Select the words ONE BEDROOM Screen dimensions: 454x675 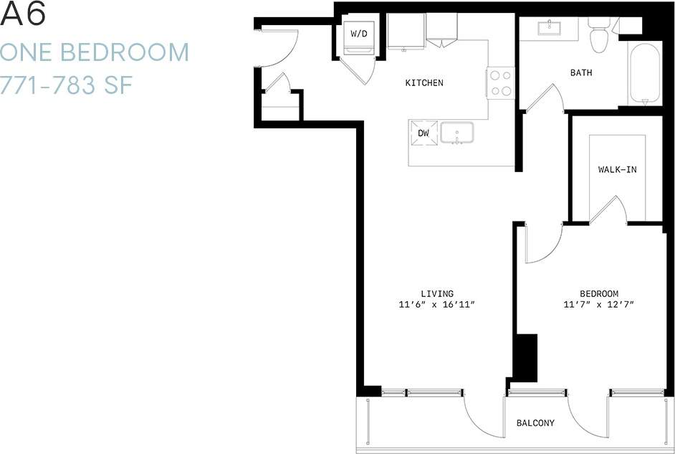pos(95,53)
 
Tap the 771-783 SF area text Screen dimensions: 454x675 pos(69,85)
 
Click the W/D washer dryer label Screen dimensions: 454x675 pos(358,33)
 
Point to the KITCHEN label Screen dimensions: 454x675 pos(424,83)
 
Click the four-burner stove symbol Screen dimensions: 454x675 pos(501,82)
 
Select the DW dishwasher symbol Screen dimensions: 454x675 pos(423,133)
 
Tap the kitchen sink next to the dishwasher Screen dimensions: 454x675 pos(459,133)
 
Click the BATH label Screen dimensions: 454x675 pos(580,72)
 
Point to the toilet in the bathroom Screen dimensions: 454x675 pos(598,35)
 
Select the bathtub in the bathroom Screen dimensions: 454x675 pos(645,73)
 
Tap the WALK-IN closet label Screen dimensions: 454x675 pos(617,170)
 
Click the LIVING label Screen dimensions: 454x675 pos(437,293)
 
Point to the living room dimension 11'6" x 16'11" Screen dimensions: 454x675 pos(437,305)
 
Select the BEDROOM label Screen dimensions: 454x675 pos(599,293)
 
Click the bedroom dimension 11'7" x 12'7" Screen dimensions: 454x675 pos(599,305)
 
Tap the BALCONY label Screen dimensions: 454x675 pos(535,423)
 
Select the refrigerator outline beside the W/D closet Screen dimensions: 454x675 pos(406,33)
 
